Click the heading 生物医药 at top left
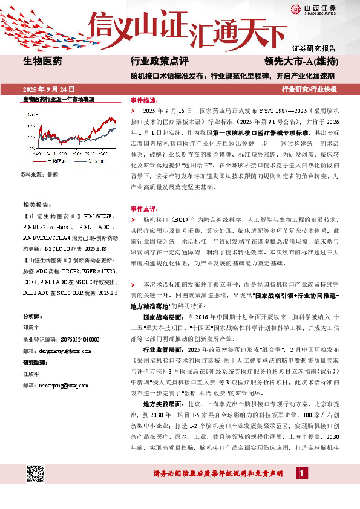(42, 61)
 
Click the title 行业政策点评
(160, 61)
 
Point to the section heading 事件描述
(143, 100)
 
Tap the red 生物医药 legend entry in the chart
(55, 161)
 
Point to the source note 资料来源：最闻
(39, 174)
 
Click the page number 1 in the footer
(300, 489)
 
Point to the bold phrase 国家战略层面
(162, 316)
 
